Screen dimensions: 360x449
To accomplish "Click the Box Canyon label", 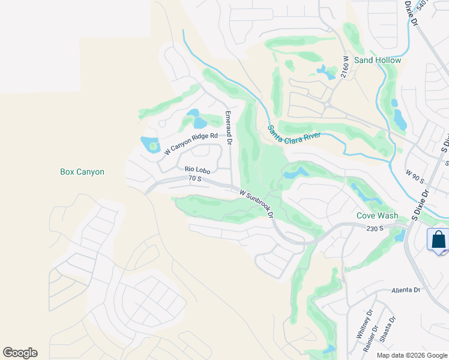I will pyautogui.click(x=82, y=172).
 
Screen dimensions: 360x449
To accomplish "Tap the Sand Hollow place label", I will pyautogui.click(x=378, y=60).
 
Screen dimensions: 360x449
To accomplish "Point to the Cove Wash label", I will pyautogui.click(x=378, y=215).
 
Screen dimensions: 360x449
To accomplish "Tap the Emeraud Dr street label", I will pyautogui.click(x=228, y=124).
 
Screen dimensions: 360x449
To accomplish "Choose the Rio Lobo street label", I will pyautogui.click(x=196, y=170).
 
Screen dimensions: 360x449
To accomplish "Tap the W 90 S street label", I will pyautogui.click(x=414, y=176).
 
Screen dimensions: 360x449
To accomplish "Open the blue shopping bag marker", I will pyautogui.click(x=438, y=240).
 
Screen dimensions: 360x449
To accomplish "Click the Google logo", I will pyautogui.click(x=20, y=353).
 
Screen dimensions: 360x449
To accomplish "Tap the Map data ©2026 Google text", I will pyautogui.click(x=412, y=355).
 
